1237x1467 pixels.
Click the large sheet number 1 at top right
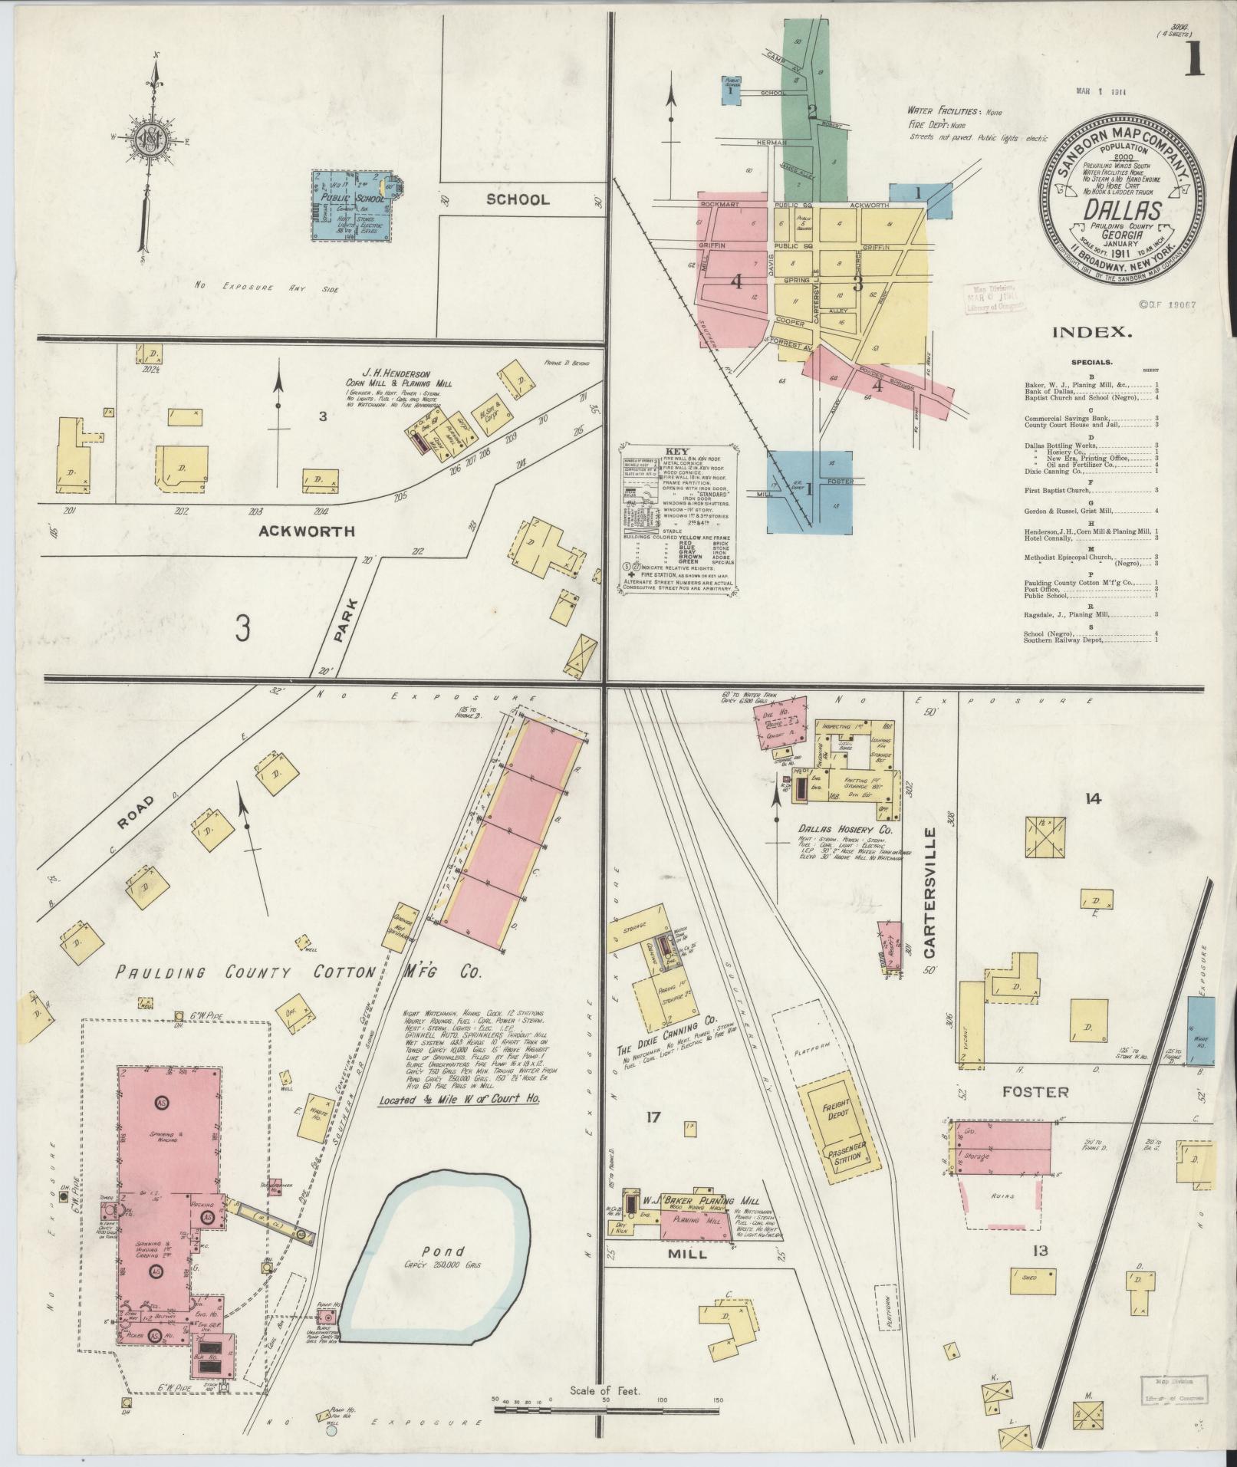tap(1194, 59)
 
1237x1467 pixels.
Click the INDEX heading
tap(1092, 332)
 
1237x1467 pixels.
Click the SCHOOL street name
tap(518, 199)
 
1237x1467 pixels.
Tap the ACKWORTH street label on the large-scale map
tap(306, 531)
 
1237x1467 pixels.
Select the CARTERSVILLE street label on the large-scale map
tap(930, 893)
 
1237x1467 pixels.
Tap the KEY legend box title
tap(678, 451)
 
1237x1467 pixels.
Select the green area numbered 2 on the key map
tap(812, 112)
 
